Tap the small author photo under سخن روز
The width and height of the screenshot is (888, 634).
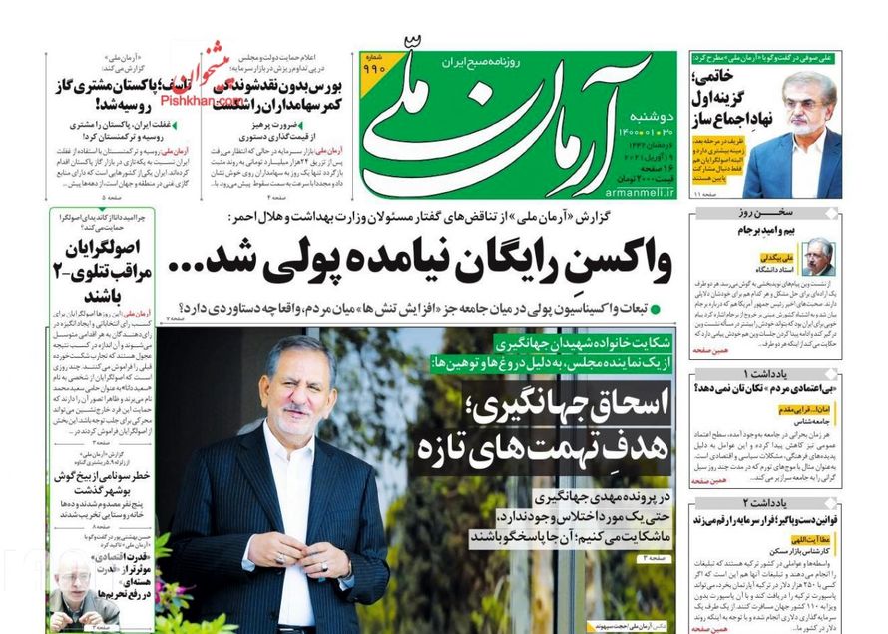819,257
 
